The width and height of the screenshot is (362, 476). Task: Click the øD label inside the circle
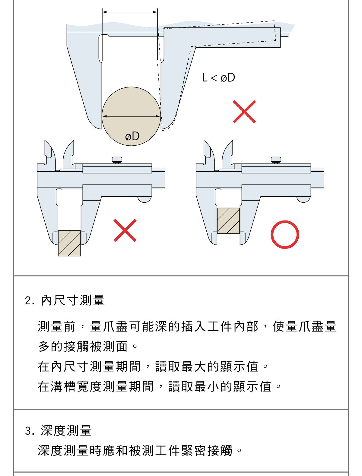coord(132,136)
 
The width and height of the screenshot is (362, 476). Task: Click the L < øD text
coord(218,78)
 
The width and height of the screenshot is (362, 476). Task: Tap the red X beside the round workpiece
coord(244,112)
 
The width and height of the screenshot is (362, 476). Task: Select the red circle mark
coord(285,235)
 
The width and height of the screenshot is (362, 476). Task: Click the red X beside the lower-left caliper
coord(125,230)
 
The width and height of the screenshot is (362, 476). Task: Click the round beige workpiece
coord(131,116)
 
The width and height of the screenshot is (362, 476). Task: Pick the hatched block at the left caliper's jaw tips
coord(69,243)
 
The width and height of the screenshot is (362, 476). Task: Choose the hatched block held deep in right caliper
coord(228,221)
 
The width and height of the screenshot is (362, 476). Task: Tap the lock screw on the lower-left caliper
coord(117,160)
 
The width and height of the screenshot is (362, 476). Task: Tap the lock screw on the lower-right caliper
coord(276,160)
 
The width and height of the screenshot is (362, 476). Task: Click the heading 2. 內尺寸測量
coord(65,300)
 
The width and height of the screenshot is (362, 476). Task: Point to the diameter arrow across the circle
coord(131,116)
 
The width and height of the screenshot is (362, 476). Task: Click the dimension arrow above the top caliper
coord(130,12)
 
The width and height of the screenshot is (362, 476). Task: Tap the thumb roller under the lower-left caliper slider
coord(144,199)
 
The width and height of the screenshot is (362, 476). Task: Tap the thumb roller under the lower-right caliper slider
coord(303,199)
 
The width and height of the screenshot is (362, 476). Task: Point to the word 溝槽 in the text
coord(64,386)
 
